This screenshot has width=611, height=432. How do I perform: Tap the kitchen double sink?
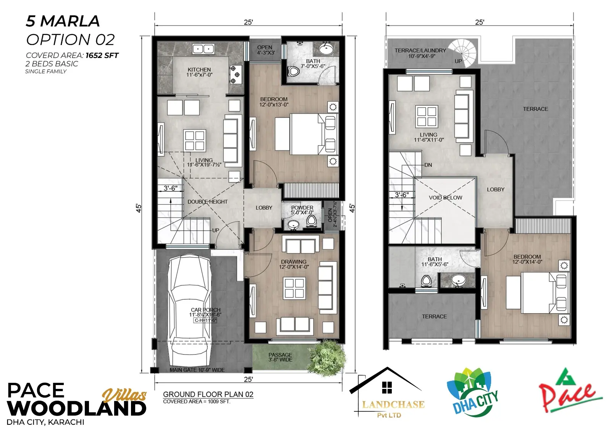203,49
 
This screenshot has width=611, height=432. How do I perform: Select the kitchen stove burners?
235,74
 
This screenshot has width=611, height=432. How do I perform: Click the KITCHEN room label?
199,70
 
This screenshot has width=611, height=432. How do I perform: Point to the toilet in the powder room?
311,221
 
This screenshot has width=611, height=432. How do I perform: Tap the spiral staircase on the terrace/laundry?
464,53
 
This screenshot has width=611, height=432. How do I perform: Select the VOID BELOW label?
445,198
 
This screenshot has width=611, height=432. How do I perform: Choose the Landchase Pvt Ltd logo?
387,392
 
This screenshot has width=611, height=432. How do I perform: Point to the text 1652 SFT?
102,55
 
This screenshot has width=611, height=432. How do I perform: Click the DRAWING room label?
294,262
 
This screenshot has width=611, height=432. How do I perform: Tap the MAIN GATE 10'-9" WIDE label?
197,370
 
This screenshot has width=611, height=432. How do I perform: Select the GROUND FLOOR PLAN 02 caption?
208,394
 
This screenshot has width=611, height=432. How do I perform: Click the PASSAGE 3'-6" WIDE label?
280,357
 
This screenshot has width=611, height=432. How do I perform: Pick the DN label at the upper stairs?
428,165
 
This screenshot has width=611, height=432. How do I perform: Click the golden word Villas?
124,395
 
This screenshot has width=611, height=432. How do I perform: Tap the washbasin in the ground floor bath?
326,49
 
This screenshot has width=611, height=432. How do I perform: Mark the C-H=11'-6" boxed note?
205,320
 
